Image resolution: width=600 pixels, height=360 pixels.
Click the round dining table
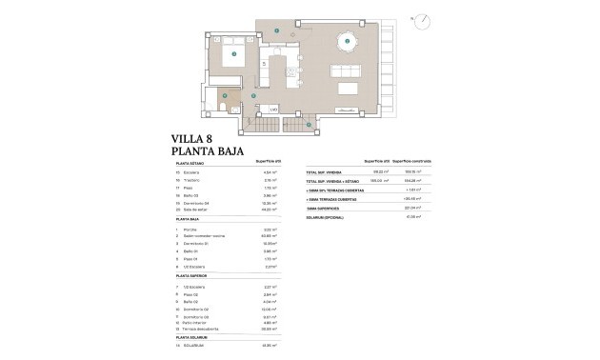(x=347, y=40)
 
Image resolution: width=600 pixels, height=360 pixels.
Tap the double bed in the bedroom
(x=232, y=55)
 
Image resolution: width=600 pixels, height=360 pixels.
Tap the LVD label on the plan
(x=272, y=110)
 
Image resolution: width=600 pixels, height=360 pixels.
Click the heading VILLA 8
(x=192, y=139)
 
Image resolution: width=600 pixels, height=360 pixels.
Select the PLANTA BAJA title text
(x=208, y=151)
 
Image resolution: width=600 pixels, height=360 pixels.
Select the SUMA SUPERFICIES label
(x=324, y=210)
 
